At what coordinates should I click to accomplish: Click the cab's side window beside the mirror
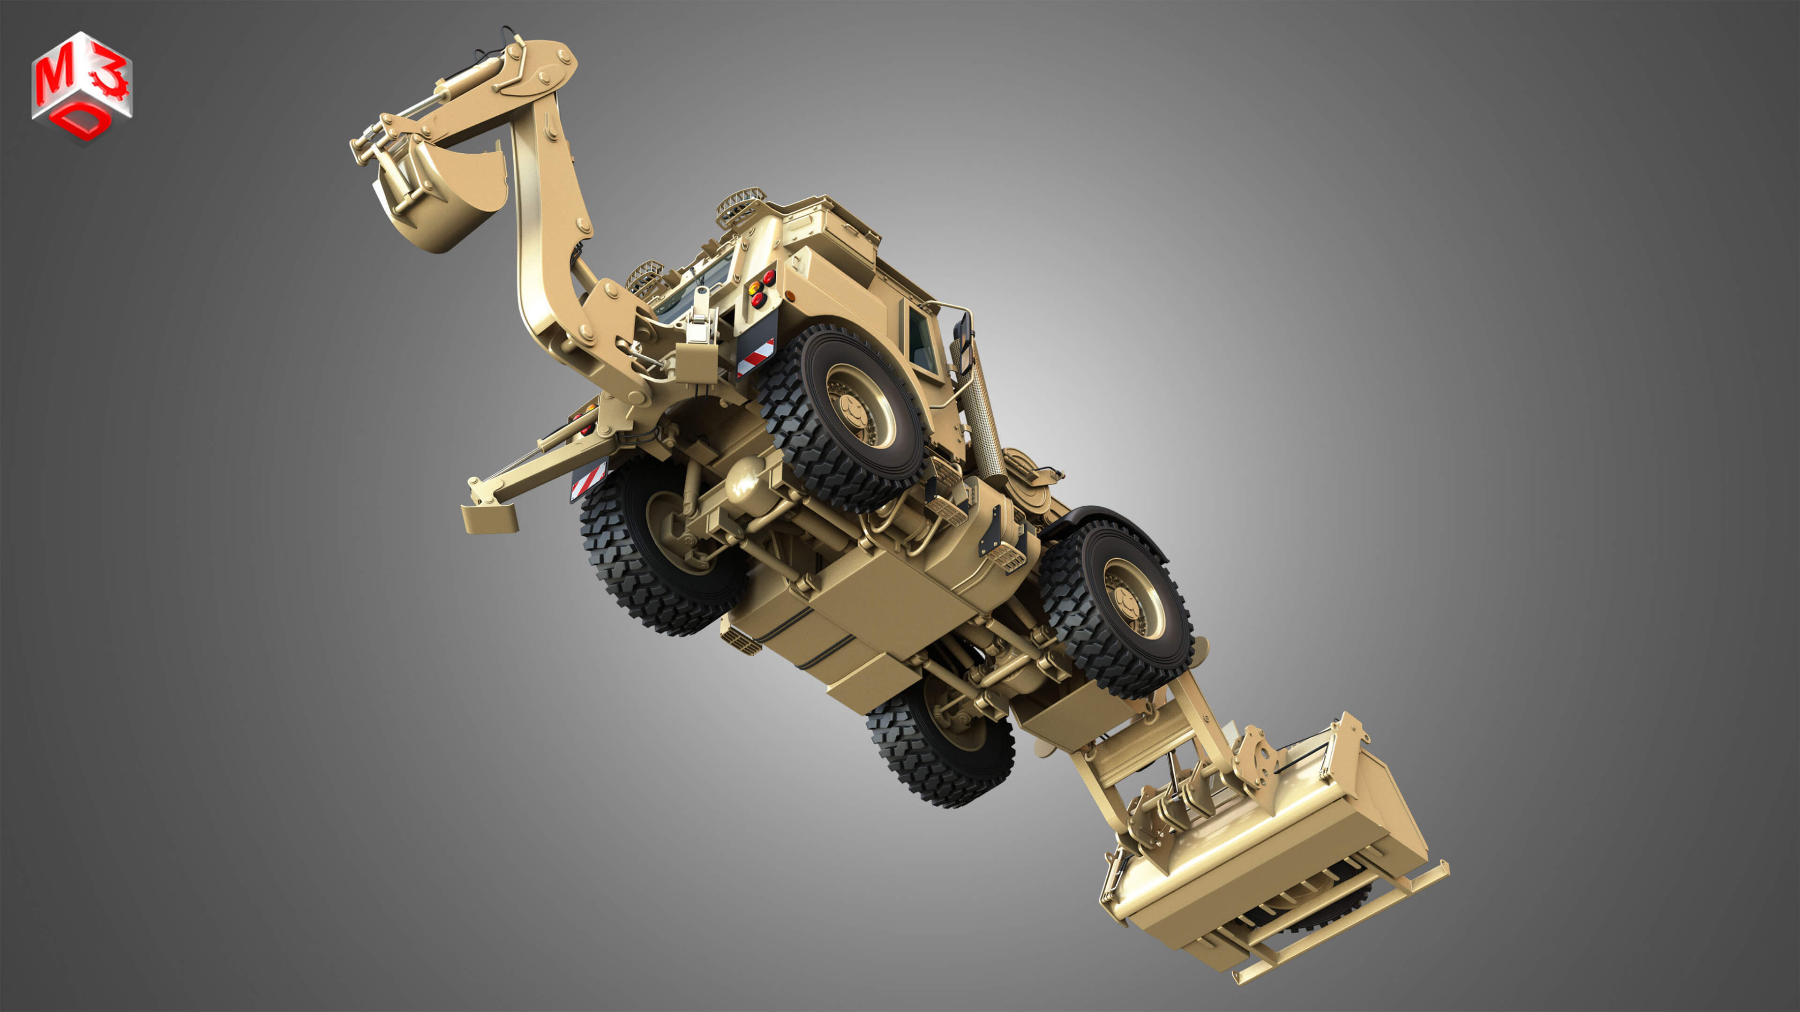(921, 343)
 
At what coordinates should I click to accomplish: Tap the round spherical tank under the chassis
(745, 482)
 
